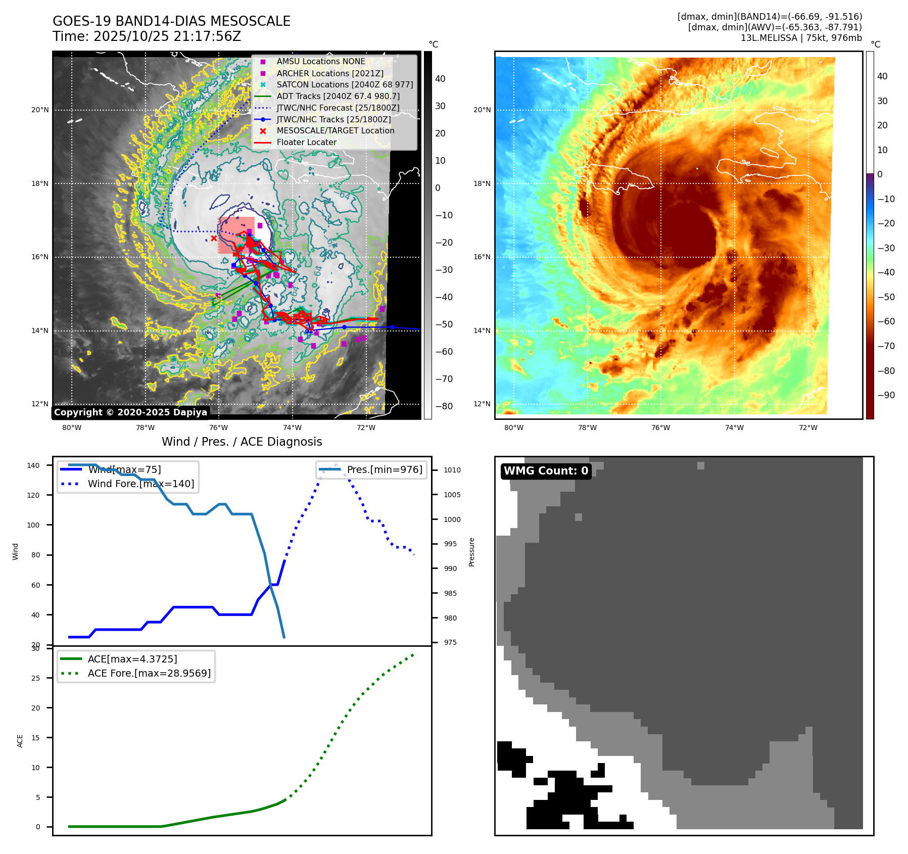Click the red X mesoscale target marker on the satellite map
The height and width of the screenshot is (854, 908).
(x=214, y=239)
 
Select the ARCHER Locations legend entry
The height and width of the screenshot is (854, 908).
(x=329, y=73)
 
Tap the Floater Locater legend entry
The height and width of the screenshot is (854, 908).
(x=306, y=143)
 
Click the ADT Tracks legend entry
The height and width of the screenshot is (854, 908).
(x=338, y=96)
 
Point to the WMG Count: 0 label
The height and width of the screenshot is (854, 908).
(x=546, y=471)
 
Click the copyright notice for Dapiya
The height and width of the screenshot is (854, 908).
(x=130, y=412)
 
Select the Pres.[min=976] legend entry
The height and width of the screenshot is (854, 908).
(x=384, y=469)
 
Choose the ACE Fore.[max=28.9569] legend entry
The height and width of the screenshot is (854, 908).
(x=149, y=673)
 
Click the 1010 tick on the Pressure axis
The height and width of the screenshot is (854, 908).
(x=452, y=470)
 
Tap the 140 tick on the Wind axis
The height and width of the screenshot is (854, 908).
(x=33, y=465)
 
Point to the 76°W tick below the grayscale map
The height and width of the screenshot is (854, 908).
(x=218, y=428)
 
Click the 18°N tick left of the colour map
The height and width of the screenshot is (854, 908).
(x=482, y=183)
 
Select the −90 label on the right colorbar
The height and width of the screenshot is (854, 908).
(x=886, y=395)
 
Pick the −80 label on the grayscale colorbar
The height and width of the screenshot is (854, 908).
(x=444, y=406)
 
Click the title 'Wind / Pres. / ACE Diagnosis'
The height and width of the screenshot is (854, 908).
(x=242, y=442)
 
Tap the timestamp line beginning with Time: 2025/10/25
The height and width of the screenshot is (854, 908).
(x=147, y=36)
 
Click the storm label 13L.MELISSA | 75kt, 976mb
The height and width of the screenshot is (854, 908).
(x=801, y=38)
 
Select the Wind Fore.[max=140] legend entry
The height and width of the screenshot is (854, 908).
(x=140, y=484)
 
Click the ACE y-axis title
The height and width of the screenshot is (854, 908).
(x=20, y=740)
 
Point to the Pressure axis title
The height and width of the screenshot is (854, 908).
(x=471, y=552)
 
